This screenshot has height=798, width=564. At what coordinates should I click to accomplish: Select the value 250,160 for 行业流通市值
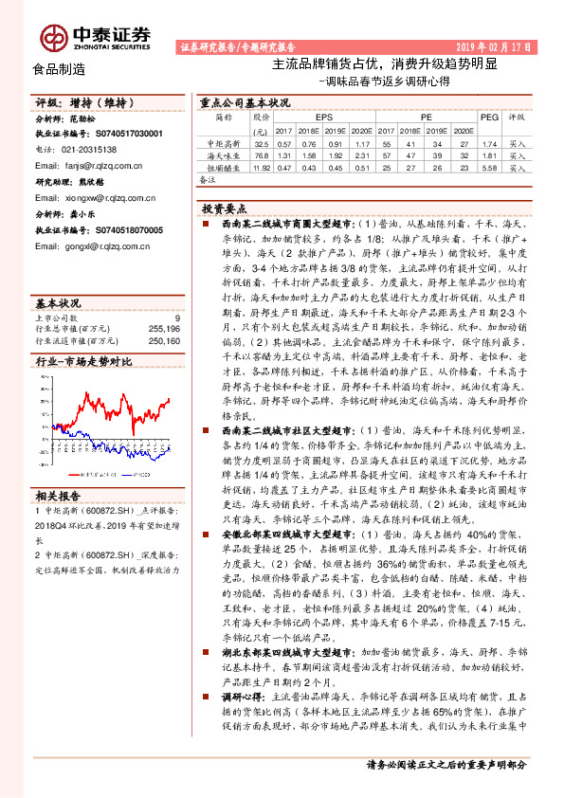[164, 341]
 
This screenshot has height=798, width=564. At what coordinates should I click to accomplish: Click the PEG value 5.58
[489, 167]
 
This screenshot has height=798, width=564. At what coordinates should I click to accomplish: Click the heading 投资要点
[226, 207]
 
